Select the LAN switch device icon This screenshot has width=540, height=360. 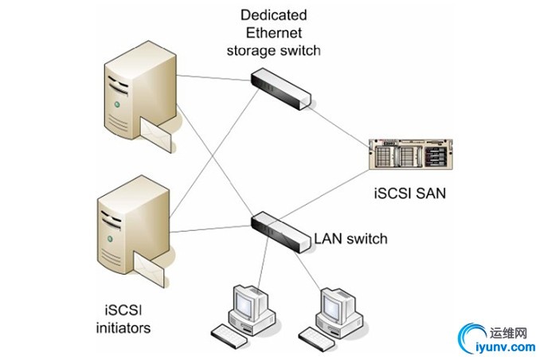[280, 231]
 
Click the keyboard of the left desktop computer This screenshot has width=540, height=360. [230, 335]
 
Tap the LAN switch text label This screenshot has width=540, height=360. [350, 238]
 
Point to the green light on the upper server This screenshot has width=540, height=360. [119, 104]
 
